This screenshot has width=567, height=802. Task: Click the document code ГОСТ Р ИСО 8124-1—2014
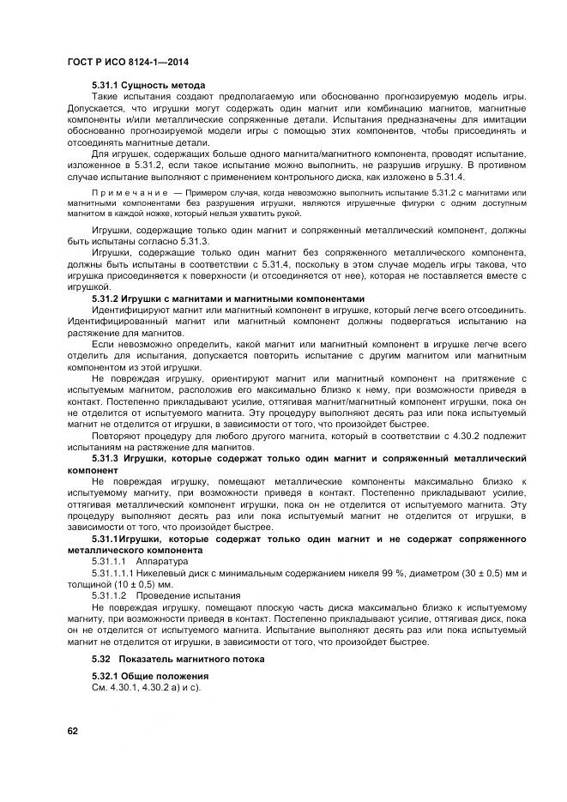pyautogui.click(x=127, y=63)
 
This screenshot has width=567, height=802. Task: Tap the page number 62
pyautogui.click(x=73, y=730)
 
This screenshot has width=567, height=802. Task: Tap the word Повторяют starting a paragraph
pyautogui.click(x=118, y=433)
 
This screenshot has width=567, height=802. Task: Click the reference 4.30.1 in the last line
pyautogui.click(x=127, y=688)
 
